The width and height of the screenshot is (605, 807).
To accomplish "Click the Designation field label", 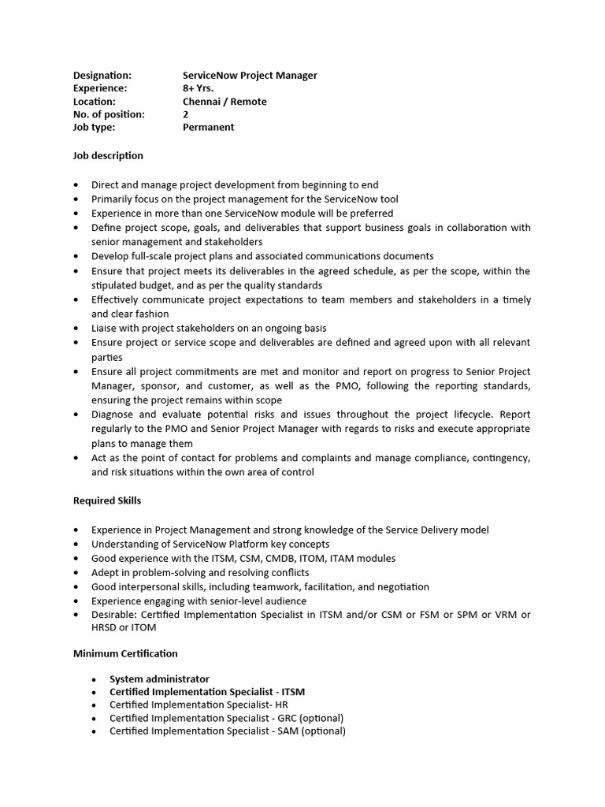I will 102,75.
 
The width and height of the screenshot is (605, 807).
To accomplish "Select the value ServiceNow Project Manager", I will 250,75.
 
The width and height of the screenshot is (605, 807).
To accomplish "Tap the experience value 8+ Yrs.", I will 198,88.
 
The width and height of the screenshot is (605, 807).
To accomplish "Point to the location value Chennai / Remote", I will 225,101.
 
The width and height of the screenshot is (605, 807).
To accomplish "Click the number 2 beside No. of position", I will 186,114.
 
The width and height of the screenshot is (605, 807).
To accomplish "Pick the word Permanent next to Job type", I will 208,127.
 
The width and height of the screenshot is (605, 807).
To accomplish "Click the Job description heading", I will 108,156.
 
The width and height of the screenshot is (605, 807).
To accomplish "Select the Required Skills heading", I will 107,500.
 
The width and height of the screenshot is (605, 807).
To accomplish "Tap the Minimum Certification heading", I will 125,653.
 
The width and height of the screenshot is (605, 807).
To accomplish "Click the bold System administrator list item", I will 159,679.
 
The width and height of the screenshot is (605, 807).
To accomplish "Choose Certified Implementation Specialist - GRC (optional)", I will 226,718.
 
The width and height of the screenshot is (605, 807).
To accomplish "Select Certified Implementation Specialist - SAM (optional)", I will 227,731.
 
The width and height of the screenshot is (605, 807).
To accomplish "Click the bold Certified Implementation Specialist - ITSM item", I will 206,692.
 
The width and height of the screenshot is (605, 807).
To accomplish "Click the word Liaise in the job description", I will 105,328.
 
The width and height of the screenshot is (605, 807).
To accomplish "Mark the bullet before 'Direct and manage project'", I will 76,185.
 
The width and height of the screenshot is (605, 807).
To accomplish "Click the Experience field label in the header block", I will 99,88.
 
